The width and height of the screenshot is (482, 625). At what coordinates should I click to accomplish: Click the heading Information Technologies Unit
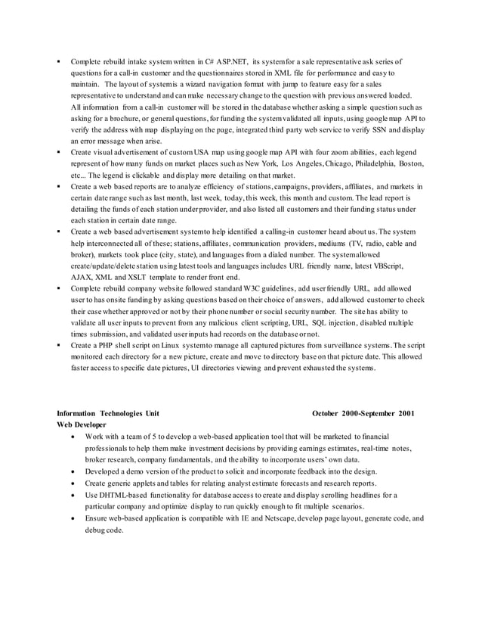[109, 414]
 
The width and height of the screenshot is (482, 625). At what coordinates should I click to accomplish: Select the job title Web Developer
[85, 425]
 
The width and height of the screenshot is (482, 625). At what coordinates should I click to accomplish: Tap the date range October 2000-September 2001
[363, 414]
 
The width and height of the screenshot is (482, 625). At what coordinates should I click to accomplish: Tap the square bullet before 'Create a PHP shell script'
[58, 344]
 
